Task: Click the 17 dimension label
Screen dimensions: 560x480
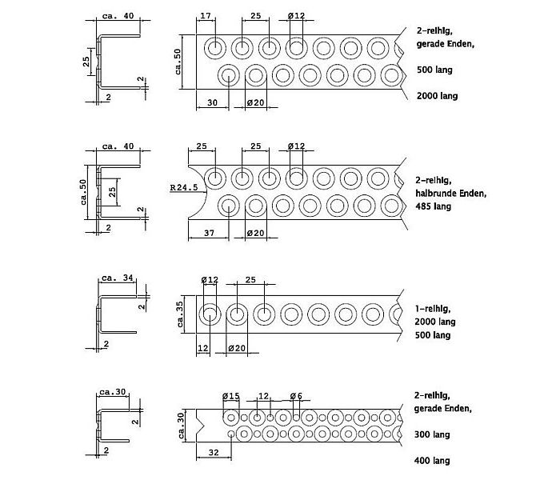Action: tap(206, 16)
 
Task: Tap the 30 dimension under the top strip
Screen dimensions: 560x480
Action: tap(212, 103)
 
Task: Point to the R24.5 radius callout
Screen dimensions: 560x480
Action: tap(184, 187)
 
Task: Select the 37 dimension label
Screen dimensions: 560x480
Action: tap(210, 234)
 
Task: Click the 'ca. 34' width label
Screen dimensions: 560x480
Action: tap(118, 278)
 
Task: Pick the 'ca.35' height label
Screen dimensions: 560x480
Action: tap(180, 314)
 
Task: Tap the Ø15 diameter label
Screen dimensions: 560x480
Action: tap(231, 396)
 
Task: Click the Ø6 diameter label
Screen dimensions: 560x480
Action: tap(296, 396)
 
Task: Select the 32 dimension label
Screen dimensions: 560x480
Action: tap(214, 453)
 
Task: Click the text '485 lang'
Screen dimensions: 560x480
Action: tap(434, 206)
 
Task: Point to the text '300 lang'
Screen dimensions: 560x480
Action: tap(432, 434)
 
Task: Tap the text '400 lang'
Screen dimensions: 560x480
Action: tap(432, 461)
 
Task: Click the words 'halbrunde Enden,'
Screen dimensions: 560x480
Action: tap(451, 194)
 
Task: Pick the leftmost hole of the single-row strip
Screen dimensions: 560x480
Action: tap(210, 314)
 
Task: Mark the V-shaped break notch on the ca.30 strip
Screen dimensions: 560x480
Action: tap(200, 425)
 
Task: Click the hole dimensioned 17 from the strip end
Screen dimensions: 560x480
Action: tap(215, 48)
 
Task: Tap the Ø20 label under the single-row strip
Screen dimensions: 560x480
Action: tap(237, 348)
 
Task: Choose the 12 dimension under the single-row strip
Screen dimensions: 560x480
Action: tap(203, 348)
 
